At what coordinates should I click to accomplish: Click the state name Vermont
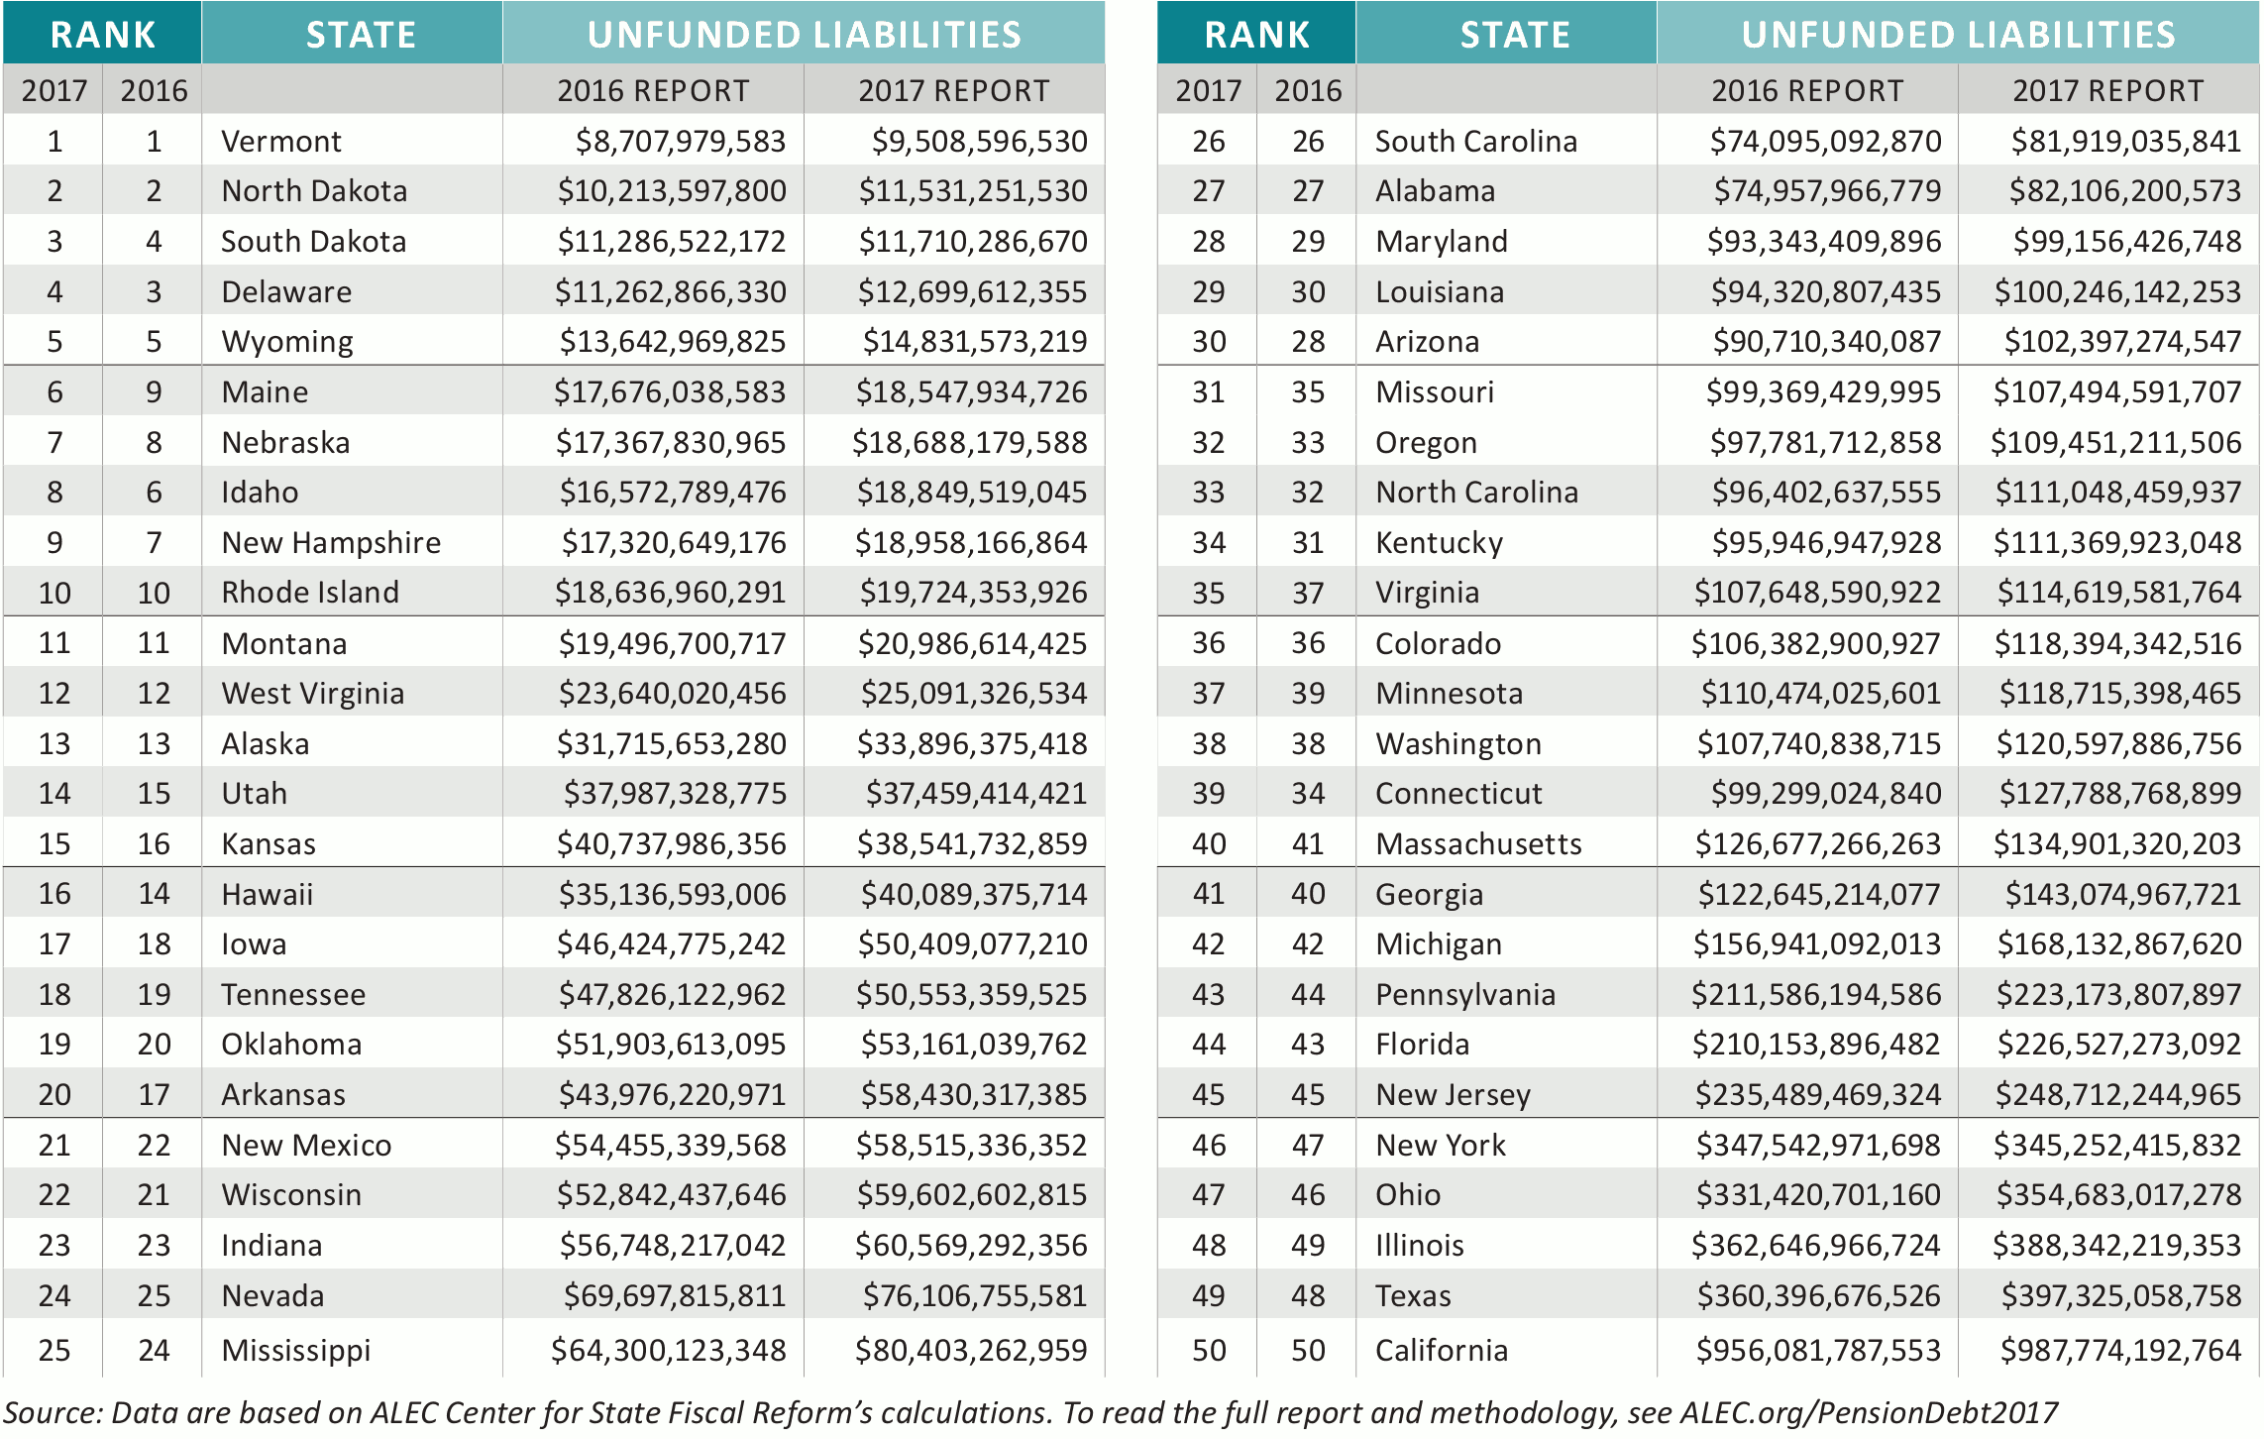click(x=280, y=142)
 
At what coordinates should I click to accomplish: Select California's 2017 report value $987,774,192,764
click(x=2120, y=1350)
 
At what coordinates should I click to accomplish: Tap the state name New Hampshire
click(x=331, y=543)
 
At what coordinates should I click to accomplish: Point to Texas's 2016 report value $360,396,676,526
click(x=1818, y=1295)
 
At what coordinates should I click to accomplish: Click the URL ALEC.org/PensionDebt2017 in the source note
click(x=1869, y=1412)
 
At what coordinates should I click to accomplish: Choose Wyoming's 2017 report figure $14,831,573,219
click(x=974, y=342)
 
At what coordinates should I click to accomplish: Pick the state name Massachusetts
click(x=1478, y=844)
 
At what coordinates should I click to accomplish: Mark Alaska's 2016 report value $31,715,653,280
click(x=671, y=744)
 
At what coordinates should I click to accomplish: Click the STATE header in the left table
click(x=361, y=35)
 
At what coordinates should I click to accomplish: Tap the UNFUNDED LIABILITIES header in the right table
click(x=1958, y=35)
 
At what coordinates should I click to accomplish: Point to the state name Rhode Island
click(x=310, y=593)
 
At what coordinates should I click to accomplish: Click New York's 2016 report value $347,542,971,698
click(x=1818, y=1146)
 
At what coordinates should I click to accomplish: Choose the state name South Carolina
click(x=1475, y=142)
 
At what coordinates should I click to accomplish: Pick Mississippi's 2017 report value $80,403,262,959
click(x=971, y=1350)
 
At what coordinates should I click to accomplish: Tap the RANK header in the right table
click(x=1256, y=35)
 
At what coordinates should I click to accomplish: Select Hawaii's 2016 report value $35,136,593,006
click(x=672, y=895)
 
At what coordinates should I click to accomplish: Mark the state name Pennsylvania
click(x=1464, y=995)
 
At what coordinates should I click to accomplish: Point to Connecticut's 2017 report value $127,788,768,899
click(x=2119, y=794)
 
